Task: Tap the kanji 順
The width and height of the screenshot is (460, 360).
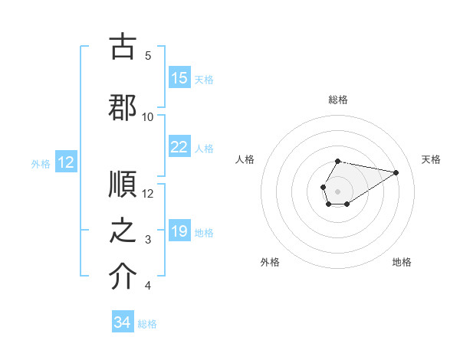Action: (123, 185)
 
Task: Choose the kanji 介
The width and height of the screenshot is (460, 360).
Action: (123, 278)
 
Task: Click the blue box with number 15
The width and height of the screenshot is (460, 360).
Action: (179, 78)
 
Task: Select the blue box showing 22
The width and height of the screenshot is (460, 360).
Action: (179, 147)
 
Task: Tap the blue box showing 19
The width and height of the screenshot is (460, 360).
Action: (179, 231)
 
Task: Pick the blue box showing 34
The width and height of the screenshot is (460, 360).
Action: (123, 322)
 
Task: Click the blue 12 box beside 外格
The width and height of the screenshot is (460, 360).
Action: (65, 162)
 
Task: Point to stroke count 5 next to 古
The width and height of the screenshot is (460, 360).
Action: (148, 56)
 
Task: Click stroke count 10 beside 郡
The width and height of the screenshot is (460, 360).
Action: (148, 117)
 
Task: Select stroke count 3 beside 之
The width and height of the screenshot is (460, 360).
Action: (148, 241)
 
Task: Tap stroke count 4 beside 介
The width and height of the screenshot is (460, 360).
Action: (148, 286)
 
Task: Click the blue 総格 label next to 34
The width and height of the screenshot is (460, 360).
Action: (147, 324)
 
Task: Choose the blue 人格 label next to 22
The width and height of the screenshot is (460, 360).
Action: (204, 148)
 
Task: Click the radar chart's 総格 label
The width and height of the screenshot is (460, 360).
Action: (338, 100)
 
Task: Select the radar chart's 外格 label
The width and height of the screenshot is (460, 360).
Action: (270, 262)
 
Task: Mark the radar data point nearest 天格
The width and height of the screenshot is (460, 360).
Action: (396, 172)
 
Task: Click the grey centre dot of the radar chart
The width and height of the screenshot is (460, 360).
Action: (337, 190)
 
